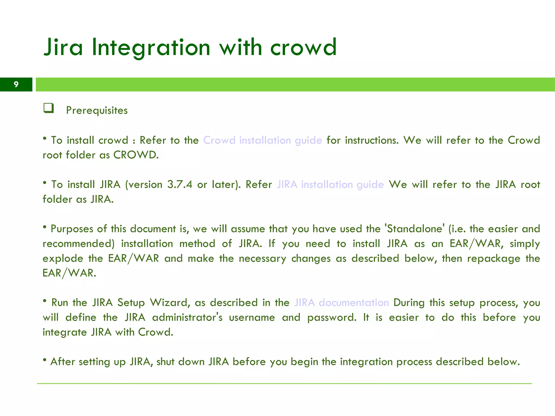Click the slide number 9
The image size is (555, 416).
(x=16, y=84)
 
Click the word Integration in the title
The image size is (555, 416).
(x=151, y=48)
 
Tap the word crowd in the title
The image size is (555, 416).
(x=303, y=48)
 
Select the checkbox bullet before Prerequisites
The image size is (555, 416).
(x=49, y=108)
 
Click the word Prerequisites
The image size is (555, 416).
(x=97, y=110)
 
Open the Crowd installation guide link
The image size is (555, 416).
(x=262, y=140)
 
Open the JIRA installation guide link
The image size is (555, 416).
(x=330, y=184)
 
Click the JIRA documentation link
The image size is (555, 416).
(x=341, y=303)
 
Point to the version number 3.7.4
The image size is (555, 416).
(x=180, y=184)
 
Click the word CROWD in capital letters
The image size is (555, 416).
(x=135, y=155)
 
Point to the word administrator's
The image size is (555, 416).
(x=187, y=317)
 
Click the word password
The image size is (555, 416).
(x=331, y=317)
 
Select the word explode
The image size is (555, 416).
(x=63, y=259)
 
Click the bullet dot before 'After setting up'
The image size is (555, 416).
(x=45, y=360)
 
